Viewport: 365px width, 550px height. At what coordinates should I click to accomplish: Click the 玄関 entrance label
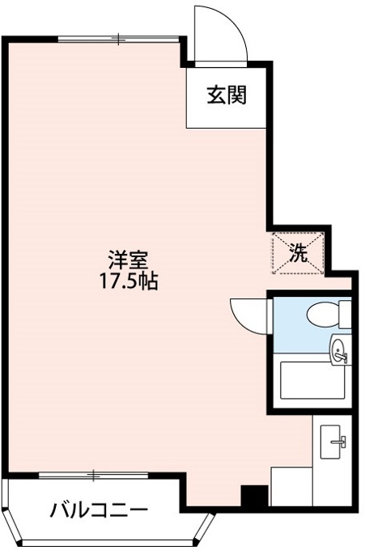pos(227,95)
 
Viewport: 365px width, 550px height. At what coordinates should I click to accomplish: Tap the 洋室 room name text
pos(128,260)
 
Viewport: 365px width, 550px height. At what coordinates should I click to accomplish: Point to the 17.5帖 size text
pos(129,281)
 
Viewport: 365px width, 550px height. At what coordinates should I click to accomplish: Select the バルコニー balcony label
pos(99,510)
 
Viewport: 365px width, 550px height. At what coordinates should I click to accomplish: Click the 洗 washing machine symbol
pos(298,253)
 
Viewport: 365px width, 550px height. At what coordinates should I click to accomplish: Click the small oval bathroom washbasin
pos(339,351)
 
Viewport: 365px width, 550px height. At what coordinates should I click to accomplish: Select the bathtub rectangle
pos(312,380)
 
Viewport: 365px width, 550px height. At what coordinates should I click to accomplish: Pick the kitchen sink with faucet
pos(332,442)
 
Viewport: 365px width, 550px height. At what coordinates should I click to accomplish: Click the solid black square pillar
pos(255,496)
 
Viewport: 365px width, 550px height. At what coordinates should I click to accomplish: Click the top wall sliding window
pos(119,39)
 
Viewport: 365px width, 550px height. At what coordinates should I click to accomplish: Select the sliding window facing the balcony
pos(93,475)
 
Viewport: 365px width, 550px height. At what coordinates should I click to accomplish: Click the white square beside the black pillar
pos(291,486)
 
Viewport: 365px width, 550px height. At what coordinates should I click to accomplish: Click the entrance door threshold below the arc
pos(222,64)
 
